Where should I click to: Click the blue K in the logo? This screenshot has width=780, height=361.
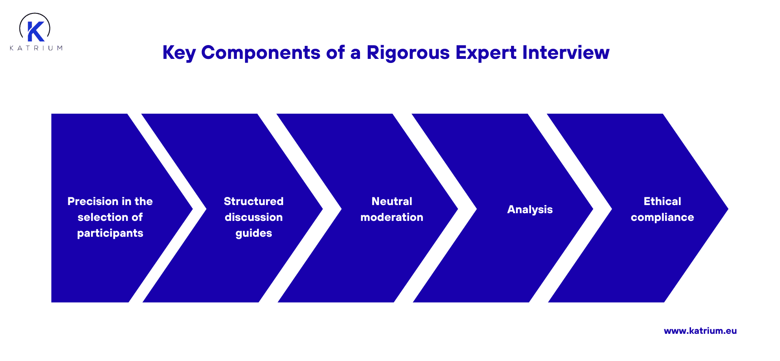point(35,32)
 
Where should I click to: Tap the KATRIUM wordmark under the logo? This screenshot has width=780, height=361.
point(36,48)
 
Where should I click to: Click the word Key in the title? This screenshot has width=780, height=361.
point(179,53)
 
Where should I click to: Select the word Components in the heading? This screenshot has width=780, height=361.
point(261,53)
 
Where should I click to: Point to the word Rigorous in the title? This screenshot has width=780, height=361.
point(408,53)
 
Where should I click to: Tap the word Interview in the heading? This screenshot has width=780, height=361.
point(565,52)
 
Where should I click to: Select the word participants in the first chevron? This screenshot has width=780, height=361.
point(110,233)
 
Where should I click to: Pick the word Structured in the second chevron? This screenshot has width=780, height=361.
point(253,201)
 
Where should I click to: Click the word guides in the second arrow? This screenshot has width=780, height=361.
point(253,233)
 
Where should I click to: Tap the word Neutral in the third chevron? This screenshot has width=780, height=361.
point(392,201)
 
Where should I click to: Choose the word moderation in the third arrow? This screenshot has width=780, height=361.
point(392,217)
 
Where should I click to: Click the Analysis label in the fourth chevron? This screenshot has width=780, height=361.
point(530,210)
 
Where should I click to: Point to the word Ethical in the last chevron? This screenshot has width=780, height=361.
point(662,201)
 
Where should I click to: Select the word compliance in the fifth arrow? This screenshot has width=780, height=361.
point(662,218)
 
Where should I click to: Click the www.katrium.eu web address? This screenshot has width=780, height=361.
point(700,331)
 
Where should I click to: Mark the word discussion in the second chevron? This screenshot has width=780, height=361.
point(253,217)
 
